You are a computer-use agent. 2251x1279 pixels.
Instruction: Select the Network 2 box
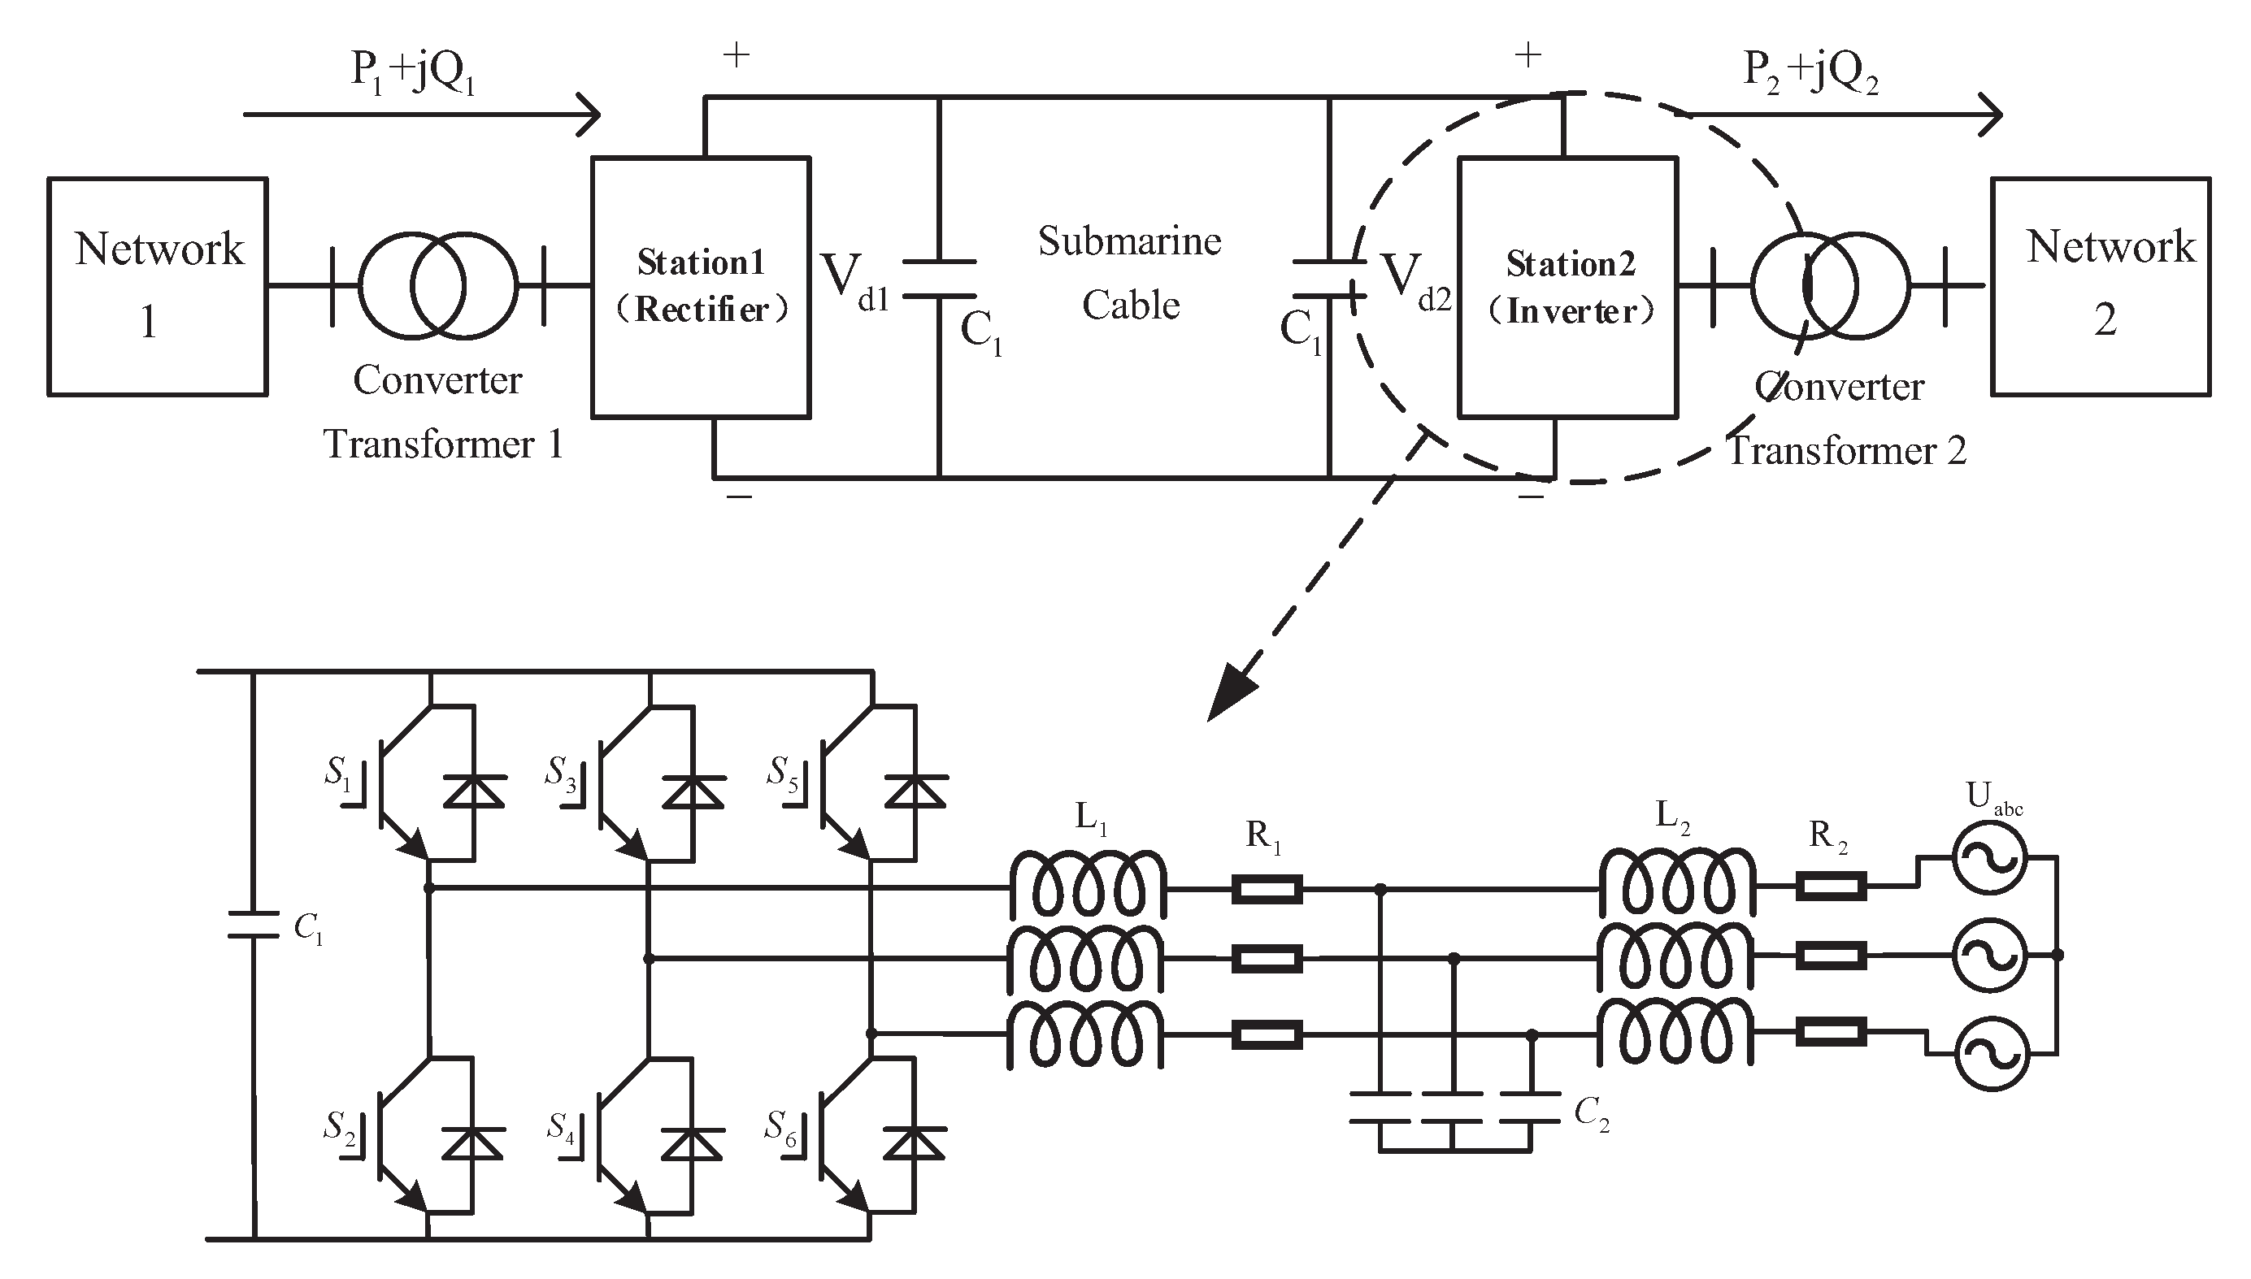[2100, 286]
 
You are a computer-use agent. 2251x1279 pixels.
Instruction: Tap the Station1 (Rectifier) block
[700, 286]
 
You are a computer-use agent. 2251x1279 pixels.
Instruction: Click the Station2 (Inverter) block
[1567, 286]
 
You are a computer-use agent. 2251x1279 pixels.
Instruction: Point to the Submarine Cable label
[1130, 272]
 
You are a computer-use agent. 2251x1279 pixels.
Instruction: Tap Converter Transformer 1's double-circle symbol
[437, 285]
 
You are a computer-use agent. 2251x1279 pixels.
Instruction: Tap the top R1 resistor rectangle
[1266, 889]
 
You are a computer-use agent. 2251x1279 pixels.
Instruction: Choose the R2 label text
[1827, 835]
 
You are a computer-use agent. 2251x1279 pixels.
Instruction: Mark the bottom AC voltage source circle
[1992, 1054]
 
